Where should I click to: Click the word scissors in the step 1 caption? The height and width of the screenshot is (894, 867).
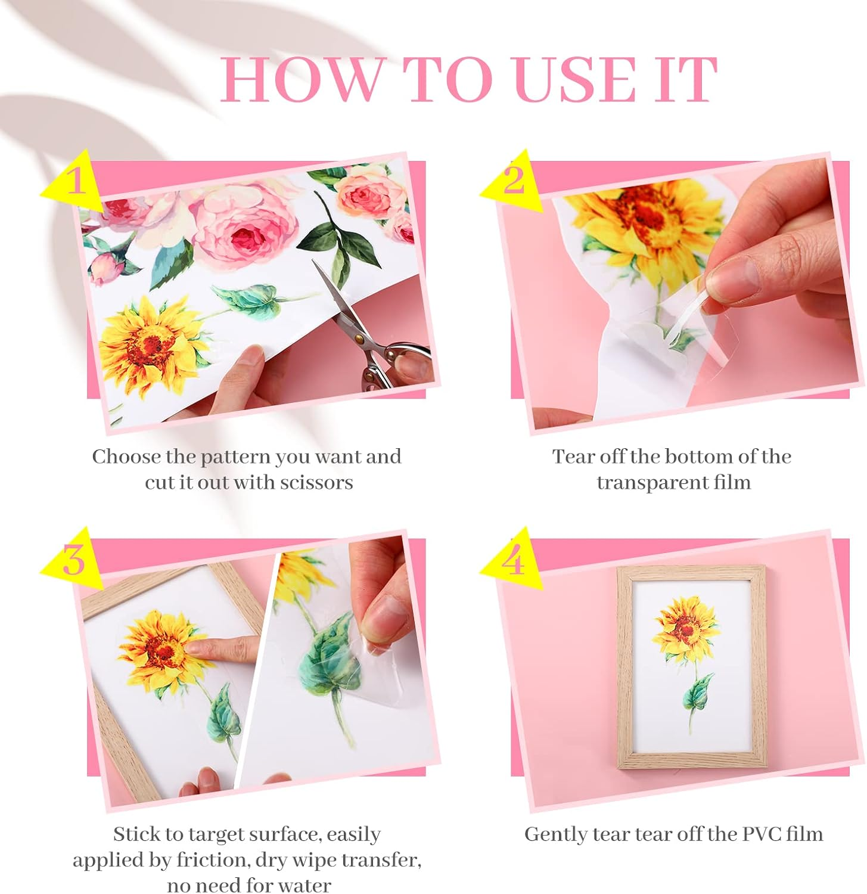coord(316,482)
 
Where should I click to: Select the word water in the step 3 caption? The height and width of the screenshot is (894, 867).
coord(303,885)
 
